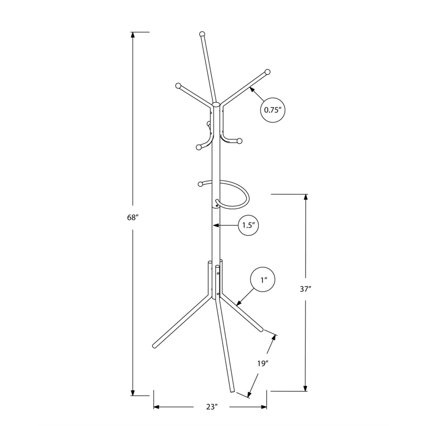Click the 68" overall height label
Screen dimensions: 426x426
pos(133,217)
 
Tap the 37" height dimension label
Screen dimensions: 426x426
pos(305,290)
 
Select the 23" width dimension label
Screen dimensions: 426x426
pos(212,407)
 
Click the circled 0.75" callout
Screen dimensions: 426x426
pos(273,111)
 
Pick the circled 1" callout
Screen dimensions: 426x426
pos(263,279)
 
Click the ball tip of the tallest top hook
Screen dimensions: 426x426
pos(202,34)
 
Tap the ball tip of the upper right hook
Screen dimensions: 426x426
pos(267,71)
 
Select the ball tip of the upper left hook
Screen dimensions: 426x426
pos(178,85)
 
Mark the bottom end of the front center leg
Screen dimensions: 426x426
pos(232,391)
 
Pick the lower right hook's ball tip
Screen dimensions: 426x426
pos(240,141)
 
